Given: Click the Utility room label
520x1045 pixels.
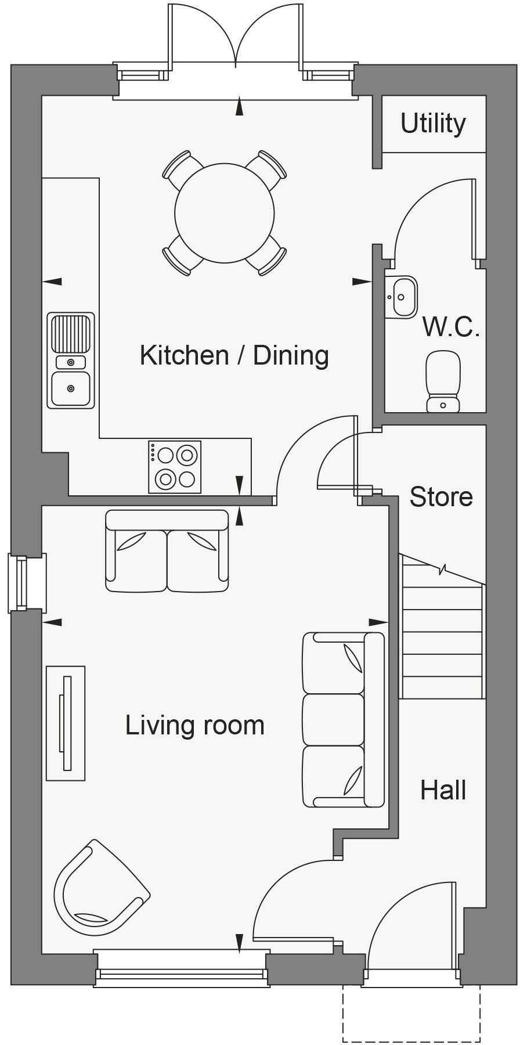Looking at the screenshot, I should [433, 124].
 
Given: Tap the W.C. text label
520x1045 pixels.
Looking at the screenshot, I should [451, 327].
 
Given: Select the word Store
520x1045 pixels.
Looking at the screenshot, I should [441, 497].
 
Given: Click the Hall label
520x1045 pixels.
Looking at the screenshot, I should [443, 791].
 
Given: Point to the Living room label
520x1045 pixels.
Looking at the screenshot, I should [195, 726].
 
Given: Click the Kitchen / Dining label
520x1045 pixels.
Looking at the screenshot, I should [234, 355].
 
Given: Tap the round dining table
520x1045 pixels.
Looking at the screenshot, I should [224, 213].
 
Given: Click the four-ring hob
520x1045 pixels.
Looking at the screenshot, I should [175, 467].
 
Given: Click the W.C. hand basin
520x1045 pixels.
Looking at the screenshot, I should [401, 297].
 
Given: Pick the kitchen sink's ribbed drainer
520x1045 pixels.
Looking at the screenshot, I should [70, 333].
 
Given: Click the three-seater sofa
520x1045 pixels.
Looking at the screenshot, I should [343, 720].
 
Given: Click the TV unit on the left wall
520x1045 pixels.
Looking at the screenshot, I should [66, 723].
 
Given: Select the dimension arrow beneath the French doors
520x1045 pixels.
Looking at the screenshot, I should [239, 107].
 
